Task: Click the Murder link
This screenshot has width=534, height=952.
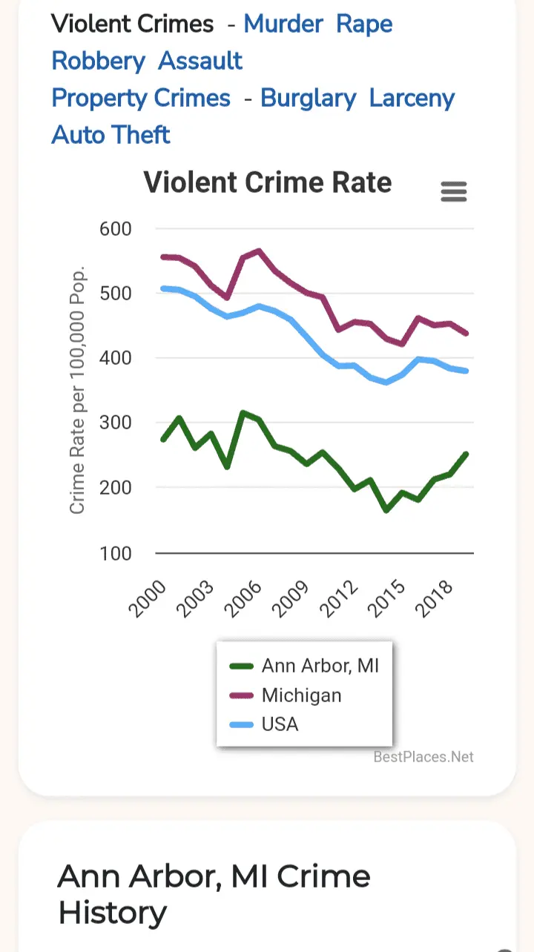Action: point(283,24)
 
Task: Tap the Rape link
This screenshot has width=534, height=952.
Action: point(364,24)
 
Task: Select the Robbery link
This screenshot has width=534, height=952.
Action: point(98,61)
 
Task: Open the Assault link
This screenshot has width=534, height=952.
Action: point(200,61)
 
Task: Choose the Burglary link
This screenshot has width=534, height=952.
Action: point(308,99)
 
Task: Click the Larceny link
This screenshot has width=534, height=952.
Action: point(412,99)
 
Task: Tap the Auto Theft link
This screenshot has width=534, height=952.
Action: point(111,135)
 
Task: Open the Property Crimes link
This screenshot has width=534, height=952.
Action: point(141,99)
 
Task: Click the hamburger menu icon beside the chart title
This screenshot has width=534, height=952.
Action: point(454,192)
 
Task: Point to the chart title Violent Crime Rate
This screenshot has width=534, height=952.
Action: point(267,182)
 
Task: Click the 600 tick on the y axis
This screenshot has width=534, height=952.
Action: point(115,228)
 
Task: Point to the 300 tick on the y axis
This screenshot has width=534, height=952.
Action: point(115,423)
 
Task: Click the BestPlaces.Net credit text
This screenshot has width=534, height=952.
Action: point(423,757)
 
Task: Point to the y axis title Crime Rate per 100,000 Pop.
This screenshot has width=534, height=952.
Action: point(77,389)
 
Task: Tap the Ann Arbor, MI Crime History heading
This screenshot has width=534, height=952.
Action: point(214,894)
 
